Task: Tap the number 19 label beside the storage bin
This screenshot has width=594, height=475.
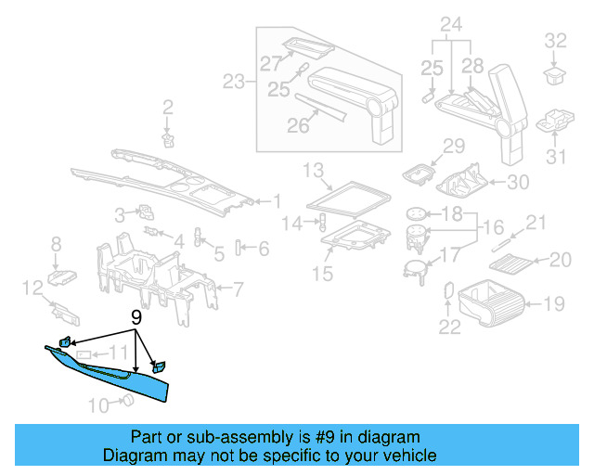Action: pyautogui.click(x=553, y=302)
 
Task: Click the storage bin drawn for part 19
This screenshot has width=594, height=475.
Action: pyautogui.click(x=491, y=302)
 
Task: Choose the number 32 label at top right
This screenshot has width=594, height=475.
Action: pyautogui.click(x=555, y=40)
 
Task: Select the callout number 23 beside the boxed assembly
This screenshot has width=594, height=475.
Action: pyautogui.click(x=234, y=82)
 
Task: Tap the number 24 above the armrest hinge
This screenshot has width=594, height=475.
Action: pyautogui.click(x=450, y=23)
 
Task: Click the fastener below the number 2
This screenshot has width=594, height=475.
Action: pyautogui.click(x=168, y=139)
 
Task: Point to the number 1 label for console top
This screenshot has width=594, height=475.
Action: pyautogui.click(x=276, y=200)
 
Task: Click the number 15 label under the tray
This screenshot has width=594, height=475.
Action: pyautogui.click(x=322, y=275)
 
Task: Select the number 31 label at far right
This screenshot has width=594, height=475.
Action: pyautogui.click(x=555, y=157)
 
